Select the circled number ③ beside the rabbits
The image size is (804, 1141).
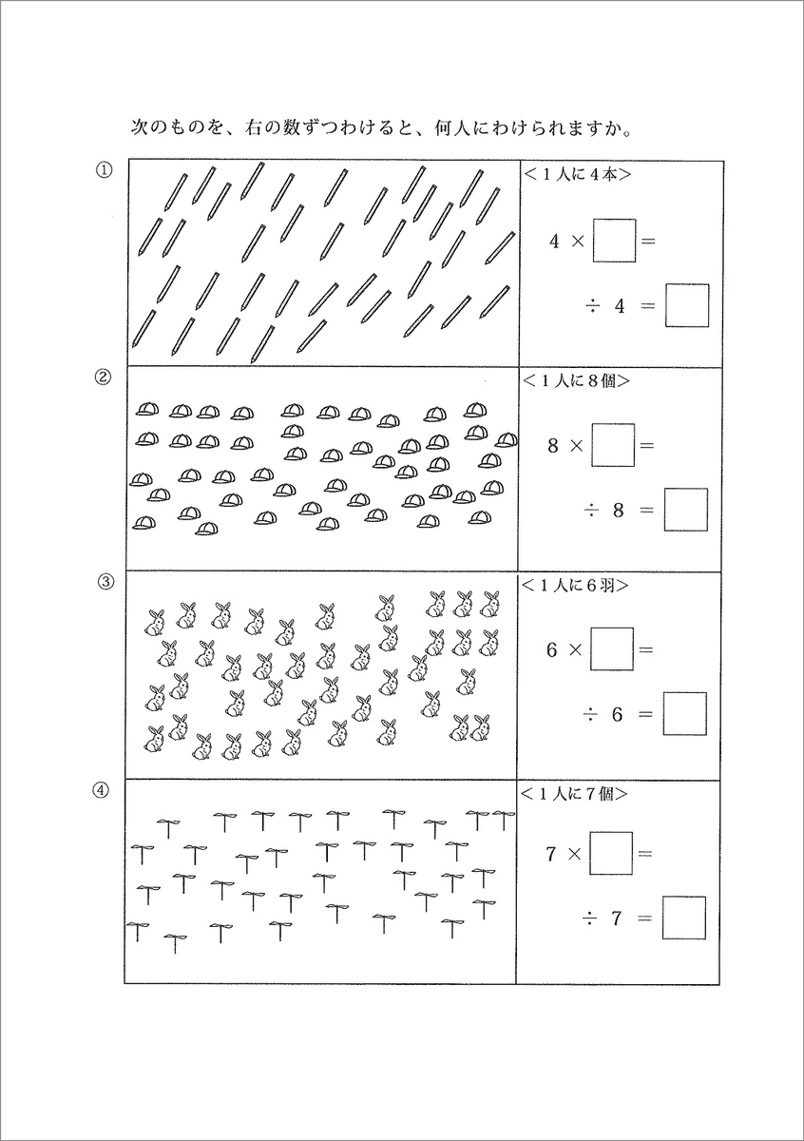coord(106,582)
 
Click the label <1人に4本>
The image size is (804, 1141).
coord(578,174)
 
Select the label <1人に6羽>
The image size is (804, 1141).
coord(578,586)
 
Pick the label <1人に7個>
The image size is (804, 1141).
coord(578,791)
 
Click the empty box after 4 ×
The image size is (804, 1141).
coord(614,241)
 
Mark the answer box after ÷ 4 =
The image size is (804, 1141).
coord(687,306)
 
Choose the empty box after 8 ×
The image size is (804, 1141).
coord(613,445)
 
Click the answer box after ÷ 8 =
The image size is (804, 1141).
coord(685,510)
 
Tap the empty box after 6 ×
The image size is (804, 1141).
coord(612,650)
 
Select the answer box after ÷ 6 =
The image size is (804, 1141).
coord(684,714)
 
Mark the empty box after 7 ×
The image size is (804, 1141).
coord(611,853)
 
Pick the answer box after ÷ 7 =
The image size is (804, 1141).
coord(683,918)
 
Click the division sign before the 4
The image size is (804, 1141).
coord(591,306)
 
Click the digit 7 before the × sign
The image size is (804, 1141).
coord(550,854)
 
